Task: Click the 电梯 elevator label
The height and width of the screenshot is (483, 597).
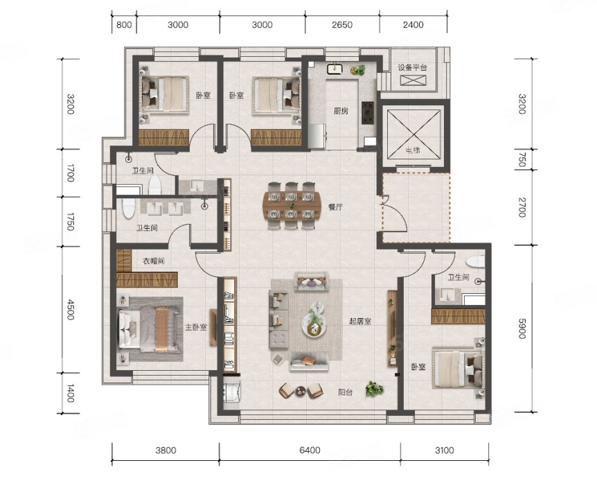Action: [413, 150]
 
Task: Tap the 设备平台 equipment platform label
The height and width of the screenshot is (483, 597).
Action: [412, 68]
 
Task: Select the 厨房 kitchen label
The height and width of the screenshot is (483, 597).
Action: [341, 112]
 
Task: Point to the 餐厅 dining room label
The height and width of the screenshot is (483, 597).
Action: [335, 207]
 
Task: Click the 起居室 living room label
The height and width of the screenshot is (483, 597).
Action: [360, 321]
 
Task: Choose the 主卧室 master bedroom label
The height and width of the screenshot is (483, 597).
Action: [196, 327]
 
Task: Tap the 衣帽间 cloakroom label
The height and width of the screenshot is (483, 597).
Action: [154, 261]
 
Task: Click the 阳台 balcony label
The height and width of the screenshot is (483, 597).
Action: [346, 392]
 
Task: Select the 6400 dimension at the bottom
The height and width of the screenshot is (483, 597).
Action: [310, 450]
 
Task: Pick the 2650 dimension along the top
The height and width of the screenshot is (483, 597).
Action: [342, 25]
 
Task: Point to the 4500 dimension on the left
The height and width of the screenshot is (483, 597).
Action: [71, 309]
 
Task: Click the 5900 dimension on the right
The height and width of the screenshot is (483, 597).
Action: [522, 328]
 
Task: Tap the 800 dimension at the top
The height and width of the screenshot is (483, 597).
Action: [124, 25]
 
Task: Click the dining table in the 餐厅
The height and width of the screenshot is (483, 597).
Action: [292, 206]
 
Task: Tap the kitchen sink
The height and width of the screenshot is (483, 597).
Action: [335, 69]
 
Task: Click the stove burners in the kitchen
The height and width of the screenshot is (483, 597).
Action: [368, 113]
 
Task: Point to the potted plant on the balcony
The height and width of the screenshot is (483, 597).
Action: [374, 389]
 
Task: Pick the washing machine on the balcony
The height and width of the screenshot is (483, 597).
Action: [231, 392]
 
